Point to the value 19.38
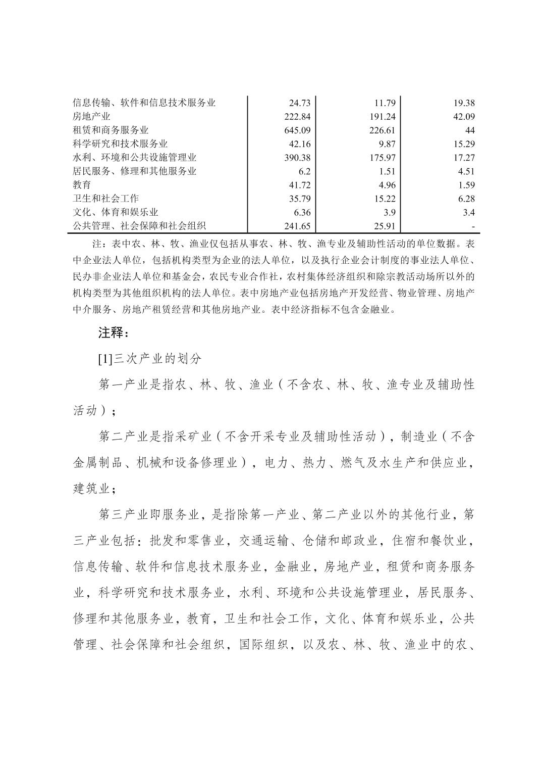(464, 103)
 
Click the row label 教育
(82, 185)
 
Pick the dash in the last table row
(473, 226)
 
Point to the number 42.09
(464, 117)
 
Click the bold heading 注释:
(114, 333)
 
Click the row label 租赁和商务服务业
(111, 130)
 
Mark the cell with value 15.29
(464, 144)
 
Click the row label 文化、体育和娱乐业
(116, 212)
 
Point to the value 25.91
(387, 226)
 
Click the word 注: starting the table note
(99, 244)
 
